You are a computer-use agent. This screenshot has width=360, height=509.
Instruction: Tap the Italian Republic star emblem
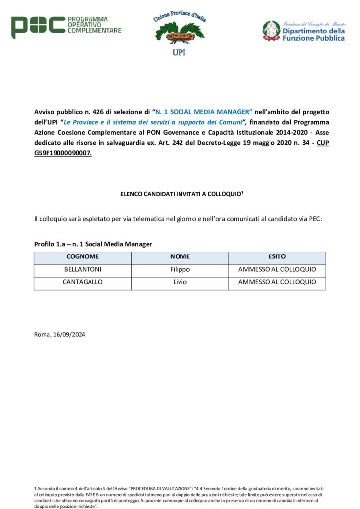pyautogui.click(x=271, y=30)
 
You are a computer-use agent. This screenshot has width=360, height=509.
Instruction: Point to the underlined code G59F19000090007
pyautogui.click(x=63, y=153)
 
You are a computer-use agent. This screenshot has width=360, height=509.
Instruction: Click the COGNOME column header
pyautogui.click(x=83, y=257)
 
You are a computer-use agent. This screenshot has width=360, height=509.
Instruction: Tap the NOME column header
pyautogui.click(x=180, y=257)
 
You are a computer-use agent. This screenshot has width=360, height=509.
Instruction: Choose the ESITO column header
pyautogui.click(x=277, y=257)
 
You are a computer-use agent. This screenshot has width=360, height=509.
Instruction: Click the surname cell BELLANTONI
pyautogui.click(x=83, y=270)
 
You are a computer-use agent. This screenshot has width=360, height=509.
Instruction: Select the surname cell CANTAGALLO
pyautogui.click(x=83, y=282)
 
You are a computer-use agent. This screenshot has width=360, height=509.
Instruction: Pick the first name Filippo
pyautogui.click(x=180, y=270)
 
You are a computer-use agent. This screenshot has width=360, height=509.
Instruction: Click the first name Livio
pyautogui.click(x=180, y=282)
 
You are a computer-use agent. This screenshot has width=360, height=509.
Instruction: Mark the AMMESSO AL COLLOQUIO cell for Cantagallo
pyautogui.click(x=277, y=282)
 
